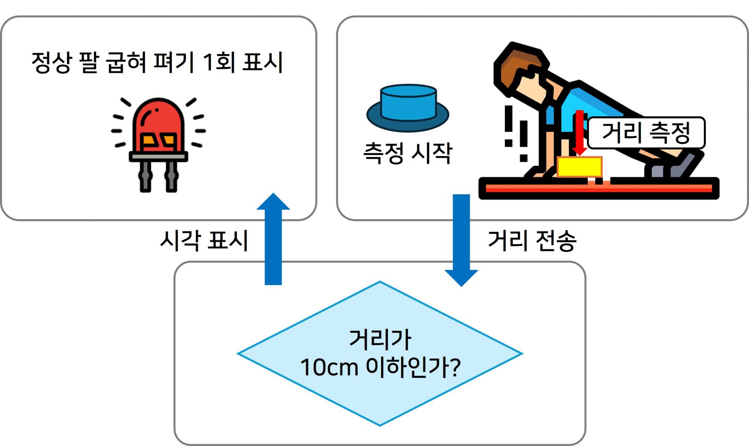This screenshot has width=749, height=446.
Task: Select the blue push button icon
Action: point(408,108)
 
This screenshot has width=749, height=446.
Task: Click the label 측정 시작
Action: point(408,153)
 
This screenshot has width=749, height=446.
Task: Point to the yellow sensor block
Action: point(579,167)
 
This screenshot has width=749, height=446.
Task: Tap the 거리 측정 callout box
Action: point(646,133)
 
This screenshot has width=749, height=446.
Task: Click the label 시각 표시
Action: point(204,241)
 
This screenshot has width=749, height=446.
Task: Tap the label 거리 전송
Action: point(532,241)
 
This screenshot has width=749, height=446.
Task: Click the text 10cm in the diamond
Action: point(329,367)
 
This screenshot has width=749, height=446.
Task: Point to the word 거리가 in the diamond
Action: point(380,339)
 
